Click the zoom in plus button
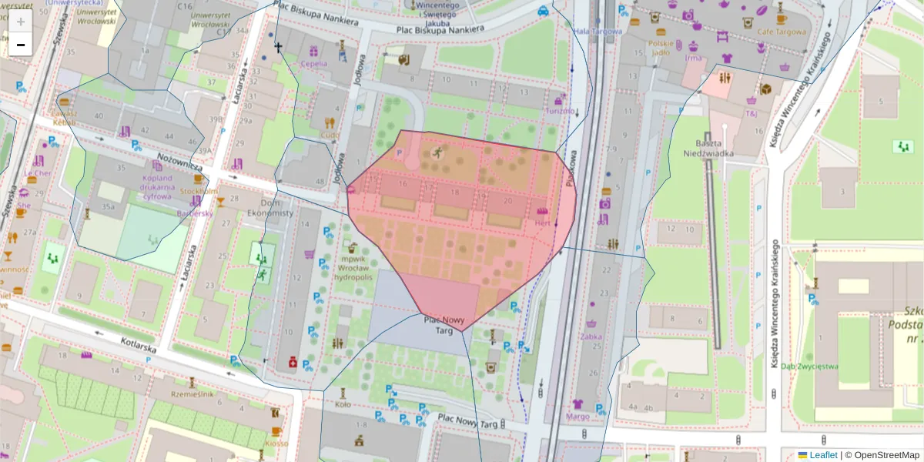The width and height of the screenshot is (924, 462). pyautogui.click(x=20, y=21)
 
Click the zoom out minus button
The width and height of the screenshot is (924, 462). pyautogui.click(x=20, y=45)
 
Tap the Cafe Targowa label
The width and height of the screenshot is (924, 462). pyautogui.click(x=781, y=32)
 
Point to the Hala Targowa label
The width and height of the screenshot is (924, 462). pyautogui.click(x=598, y=32)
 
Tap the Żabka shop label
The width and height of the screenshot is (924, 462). pyautogui.click(x=592, y=336)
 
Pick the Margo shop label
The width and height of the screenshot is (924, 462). pyautogui.click(x=577, y=417)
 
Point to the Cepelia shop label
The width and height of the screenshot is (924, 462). pyautogui.click(x=313, y=64)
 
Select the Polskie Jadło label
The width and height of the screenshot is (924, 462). pyautogui.click(x=660, y=48)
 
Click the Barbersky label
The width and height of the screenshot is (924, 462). pyautogui.click(x=194, y=213)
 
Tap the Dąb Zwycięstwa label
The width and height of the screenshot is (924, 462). pyautogui.click(x=808, y=367)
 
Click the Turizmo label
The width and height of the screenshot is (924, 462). pyautogui.click(x=560, y=110)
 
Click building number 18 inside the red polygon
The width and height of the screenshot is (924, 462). pyautogui.click(x=454, y=192)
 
